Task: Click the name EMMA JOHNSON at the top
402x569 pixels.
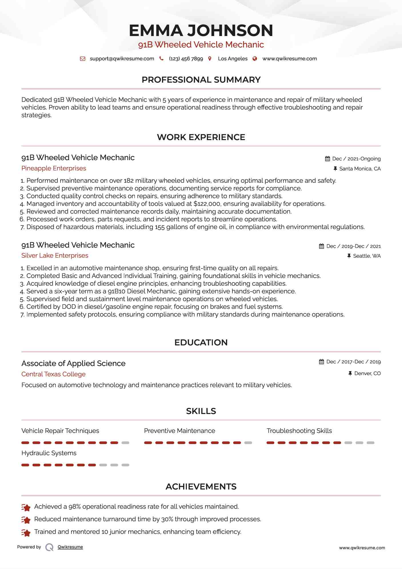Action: coord(201,30)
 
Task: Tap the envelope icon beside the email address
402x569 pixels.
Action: coord(83,59)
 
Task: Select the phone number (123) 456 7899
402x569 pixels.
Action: coord(186,59)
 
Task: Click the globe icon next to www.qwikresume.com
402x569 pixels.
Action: coord(255,59)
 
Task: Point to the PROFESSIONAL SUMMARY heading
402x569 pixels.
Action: coord(201,80)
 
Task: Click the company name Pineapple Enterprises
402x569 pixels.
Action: coord(54,168)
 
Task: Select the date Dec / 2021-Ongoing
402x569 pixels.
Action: coord(356,159)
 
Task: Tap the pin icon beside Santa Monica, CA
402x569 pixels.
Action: coord(335,169)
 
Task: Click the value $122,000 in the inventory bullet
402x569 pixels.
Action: coord(207,204)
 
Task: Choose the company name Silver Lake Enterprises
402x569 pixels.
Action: coord(55,255)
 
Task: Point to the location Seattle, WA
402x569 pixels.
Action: coord(367,256)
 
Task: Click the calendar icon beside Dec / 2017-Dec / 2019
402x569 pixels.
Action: coord(321,362)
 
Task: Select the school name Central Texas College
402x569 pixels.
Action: coord(53,374)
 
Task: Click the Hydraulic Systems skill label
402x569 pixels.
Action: coord(49,453)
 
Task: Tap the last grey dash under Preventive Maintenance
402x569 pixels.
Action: coord(248,443)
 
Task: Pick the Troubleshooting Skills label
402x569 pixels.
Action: coord(299,431)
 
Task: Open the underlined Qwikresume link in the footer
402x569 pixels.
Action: coord(70,547)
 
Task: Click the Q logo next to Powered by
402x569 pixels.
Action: coord(49,547)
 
